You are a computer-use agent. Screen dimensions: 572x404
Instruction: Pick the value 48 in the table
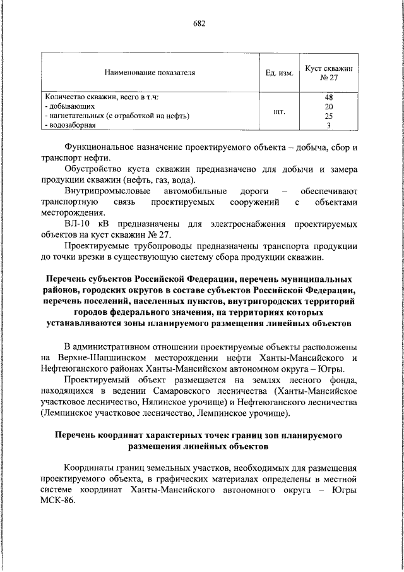click(328, 97)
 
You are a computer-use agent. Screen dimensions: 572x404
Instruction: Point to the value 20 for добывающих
click(328, 107)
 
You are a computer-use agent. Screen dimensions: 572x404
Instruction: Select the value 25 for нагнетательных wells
click(328, 116)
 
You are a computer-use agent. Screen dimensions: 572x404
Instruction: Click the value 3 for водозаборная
click(328, 126)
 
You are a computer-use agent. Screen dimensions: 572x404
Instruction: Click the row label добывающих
click(66, 107)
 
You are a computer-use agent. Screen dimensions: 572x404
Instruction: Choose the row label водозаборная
click(69, 126)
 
